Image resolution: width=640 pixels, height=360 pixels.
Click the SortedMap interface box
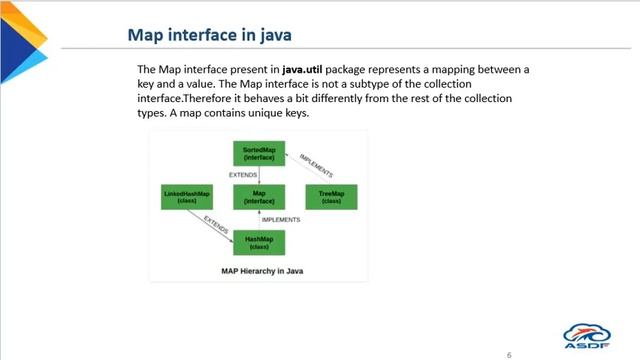tap(259, 153)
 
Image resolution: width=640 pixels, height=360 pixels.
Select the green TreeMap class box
tap(332, 197)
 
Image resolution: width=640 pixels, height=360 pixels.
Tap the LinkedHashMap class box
tap(186, 197)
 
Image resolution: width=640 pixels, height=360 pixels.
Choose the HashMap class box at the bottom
tap(259, 242)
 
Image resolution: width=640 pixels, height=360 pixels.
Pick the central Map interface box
tap(259, 197)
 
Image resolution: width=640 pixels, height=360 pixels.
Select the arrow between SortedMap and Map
tap(259, 175)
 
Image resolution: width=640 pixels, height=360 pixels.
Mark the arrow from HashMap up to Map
tap(259, 219)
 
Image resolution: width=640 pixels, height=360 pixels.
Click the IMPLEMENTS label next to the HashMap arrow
tap(281, 219)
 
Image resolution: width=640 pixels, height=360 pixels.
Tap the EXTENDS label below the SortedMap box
tap(243, 175)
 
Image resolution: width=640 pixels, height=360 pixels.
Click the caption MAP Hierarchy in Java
tap(258, 270)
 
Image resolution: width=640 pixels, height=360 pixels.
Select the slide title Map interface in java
tap(209, 36)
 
